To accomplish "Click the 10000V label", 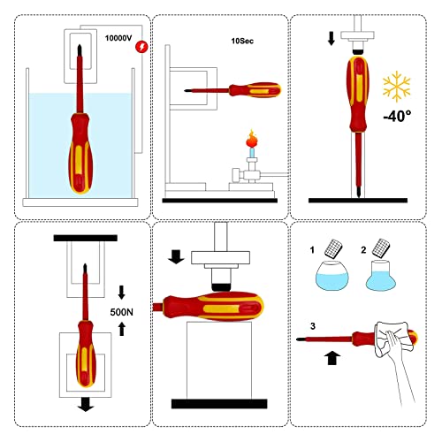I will click(x=118, y=40).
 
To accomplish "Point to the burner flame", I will click(x=249, y=138).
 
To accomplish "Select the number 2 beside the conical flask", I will click(x=365, y=250).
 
